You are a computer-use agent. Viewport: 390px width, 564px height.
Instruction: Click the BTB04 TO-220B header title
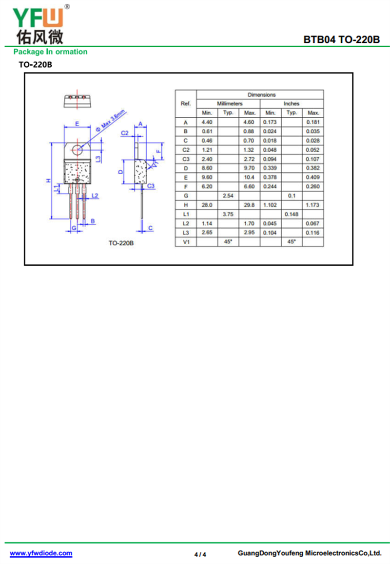pos(341,39)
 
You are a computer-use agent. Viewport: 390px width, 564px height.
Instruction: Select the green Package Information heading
pos(51,52)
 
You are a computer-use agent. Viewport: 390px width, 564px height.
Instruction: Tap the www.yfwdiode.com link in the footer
pos(41,553)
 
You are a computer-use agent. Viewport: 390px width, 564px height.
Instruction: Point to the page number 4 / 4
pos(200,554)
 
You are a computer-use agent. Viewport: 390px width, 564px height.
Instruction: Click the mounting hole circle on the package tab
pos(77,149)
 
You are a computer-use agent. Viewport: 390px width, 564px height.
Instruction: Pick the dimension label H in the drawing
pos(49,181)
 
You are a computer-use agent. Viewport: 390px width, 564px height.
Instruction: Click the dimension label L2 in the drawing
pos(95,196)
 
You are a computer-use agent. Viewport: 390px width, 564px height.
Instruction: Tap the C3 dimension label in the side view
pos(151,186)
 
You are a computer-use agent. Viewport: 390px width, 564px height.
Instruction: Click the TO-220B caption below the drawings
pos(121,243)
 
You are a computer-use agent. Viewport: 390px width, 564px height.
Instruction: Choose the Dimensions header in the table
pos(261,94)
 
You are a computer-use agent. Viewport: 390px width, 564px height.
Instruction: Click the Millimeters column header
pos(230,104)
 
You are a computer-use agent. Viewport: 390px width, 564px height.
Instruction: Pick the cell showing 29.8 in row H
pos(249,205)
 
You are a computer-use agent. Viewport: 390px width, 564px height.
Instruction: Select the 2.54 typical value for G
pos(228,196)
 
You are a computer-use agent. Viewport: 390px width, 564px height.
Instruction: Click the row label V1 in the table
pos(186,242)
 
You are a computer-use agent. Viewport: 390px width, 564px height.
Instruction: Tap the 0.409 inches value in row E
pos(312,177)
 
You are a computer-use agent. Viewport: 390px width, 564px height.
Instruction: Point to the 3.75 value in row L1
pos(228,214)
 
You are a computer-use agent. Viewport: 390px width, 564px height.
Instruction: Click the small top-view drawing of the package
pos(77,101)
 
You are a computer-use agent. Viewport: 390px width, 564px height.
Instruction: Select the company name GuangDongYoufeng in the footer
pos(271,553)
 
